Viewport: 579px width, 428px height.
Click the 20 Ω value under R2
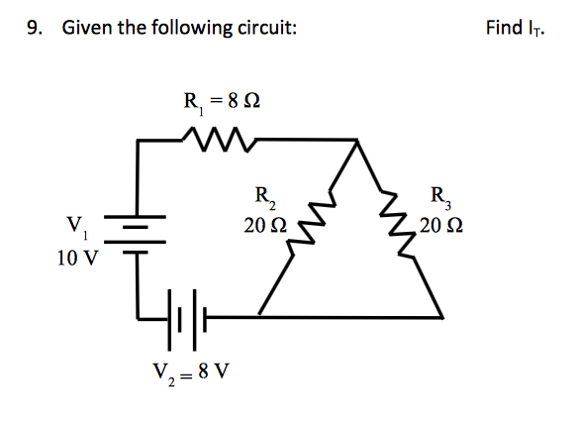pos(265,225)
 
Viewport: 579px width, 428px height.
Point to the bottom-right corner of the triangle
pos(440,317)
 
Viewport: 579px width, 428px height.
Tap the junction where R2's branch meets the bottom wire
pos(259,317)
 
